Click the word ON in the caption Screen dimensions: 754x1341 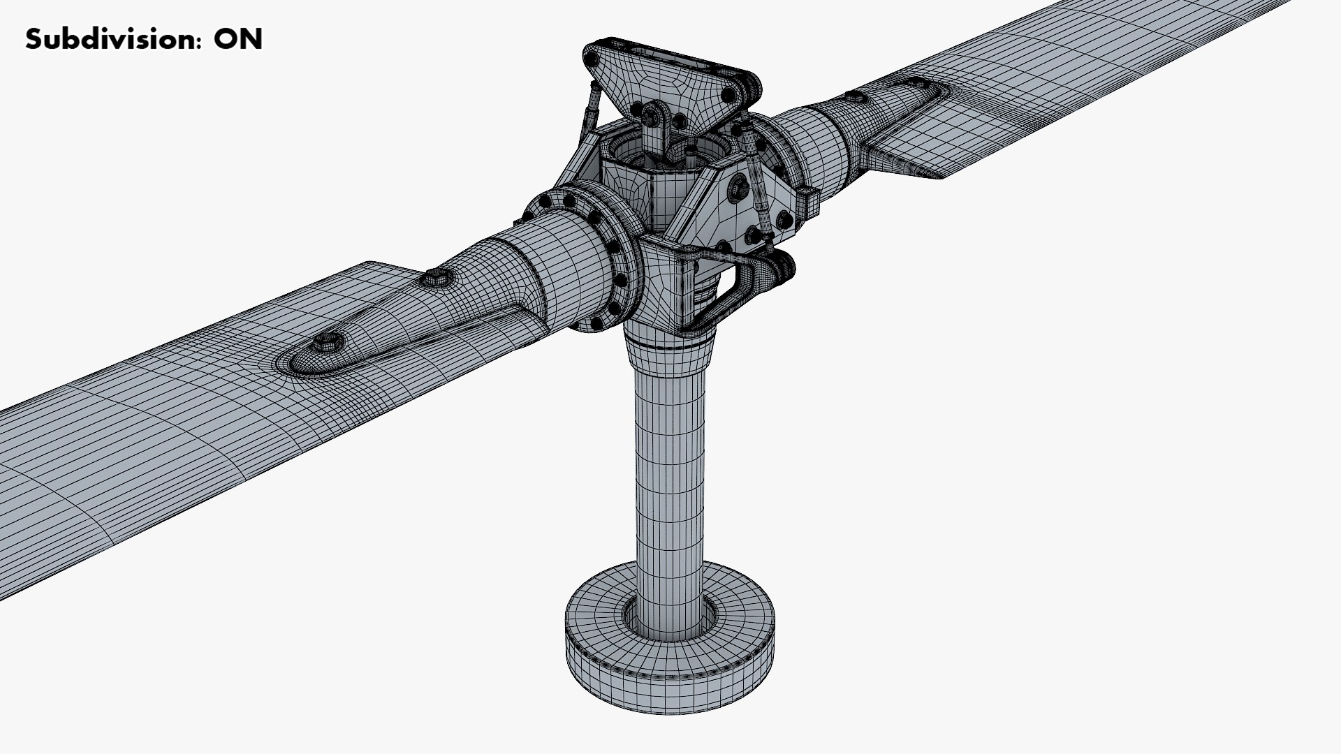pos(237,39)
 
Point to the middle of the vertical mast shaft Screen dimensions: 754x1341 pos(669,489)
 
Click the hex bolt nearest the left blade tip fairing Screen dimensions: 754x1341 pos(325,342)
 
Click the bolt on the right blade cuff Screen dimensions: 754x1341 pos(854,96)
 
